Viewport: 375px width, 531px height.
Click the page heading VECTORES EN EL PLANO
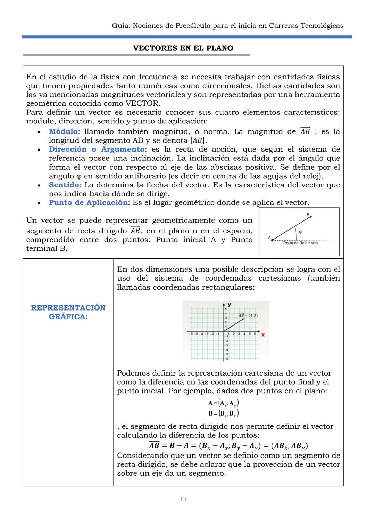click(183, 48)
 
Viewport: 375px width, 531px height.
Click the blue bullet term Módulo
click(63, 132)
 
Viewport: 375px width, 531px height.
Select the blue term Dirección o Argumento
click(97, 150)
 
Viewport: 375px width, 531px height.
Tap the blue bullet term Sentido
click(64, 185)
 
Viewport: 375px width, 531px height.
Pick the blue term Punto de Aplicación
click(88, 203)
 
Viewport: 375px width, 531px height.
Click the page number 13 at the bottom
click(183, 499)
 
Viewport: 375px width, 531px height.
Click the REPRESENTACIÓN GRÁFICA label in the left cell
click(68, 312)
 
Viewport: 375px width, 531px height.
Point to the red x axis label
click(263, 335)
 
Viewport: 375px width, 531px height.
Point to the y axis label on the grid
click(230, 305)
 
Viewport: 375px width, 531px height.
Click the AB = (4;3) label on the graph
click(248, 315)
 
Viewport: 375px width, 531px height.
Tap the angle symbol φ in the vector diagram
click(300, 232)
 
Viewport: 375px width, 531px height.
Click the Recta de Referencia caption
click(300, 243)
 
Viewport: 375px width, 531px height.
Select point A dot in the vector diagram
click(272, 240)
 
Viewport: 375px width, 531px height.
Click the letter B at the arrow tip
click(308, 215)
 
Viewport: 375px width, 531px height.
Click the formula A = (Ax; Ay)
click(223, 403)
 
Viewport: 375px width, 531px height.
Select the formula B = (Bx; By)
click(223, 413)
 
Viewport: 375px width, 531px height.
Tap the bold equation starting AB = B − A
click(228, 446)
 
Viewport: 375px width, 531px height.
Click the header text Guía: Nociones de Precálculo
click(228, 26)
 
